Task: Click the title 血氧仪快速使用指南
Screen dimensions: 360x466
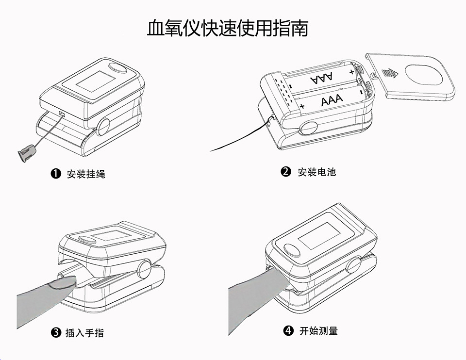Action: (x=227, y=29)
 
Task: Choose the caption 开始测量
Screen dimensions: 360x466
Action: (x=318, y=331)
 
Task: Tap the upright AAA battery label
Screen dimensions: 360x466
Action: (x=332, y=100)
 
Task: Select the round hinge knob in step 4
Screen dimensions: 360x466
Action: (x=354, y=266)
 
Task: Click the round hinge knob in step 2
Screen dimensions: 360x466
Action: (x=309, y=128)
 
